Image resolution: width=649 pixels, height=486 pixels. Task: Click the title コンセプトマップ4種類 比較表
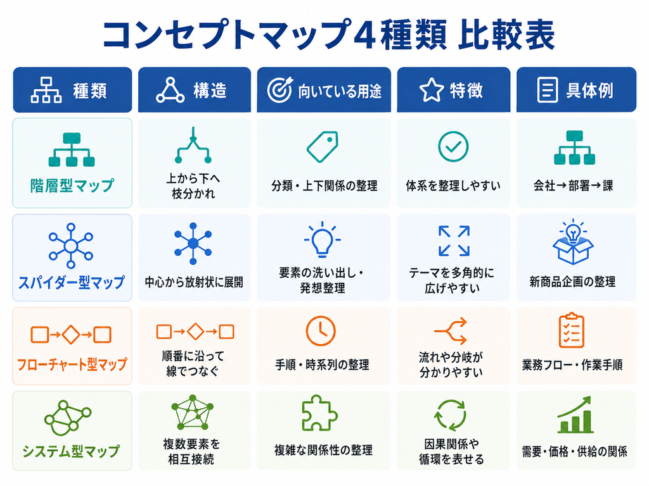point(329,34)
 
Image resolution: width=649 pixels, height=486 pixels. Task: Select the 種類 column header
point(72,90)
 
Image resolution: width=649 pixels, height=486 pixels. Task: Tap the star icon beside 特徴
point(431,90)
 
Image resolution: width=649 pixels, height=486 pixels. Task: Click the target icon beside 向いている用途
point(280,90)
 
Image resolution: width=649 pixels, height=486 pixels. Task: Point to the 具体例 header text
point(589,90)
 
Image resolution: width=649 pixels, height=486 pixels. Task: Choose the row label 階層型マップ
point(72,185)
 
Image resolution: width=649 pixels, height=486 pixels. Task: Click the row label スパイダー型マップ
point(72,282)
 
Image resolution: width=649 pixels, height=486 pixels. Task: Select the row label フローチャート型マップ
point(72,364)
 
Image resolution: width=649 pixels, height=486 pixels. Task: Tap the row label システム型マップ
point(71,451)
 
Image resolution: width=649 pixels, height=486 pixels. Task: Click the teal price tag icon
point(323,147)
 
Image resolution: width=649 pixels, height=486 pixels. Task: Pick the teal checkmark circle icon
point(453,147)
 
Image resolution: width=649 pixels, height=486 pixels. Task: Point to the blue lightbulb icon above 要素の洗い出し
point(322,239)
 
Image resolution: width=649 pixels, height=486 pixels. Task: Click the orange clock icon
point(320,331)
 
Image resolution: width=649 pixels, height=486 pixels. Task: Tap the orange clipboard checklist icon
point(572,330)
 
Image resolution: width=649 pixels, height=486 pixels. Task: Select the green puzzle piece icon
point(319,413)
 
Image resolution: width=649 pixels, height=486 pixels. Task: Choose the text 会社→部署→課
point(573,186)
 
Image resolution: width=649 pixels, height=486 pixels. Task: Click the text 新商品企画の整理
point(572,282)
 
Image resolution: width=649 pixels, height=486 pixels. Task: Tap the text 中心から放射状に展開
point(194,282)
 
